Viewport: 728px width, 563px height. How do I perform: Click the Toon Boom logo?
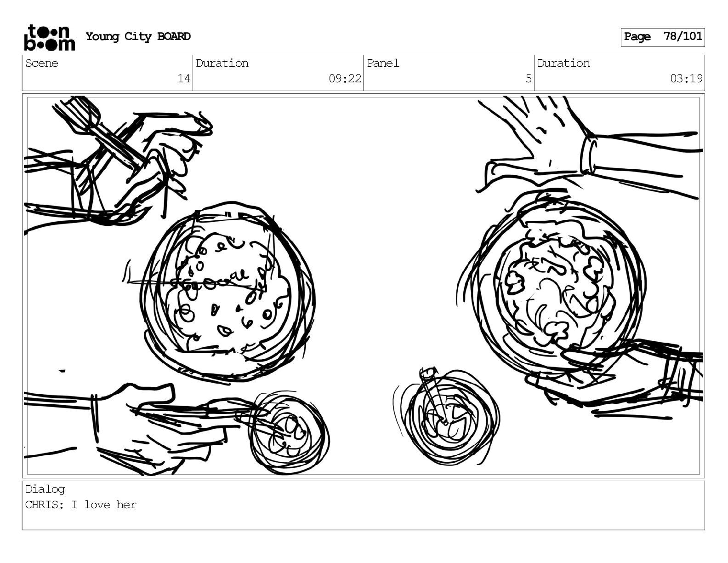tap(50, 38)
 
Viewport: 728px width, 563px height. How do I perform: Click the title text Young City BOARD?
tap(138, 36)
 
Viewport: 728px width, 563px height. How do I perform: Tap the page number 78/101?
tap(683, 36)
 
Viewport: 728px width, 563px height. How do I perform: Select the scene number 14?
tap(183, 79)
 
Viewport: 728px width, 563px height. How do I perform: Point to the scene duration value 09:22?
tap(345, 79)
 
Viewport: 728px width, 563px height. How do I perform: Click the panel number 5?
tap(529, 79)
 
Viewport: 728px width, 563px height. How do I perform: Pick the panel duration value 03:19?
tap(685, 79)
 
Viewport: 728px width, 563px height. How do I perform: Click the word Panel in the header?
tap(383, 63)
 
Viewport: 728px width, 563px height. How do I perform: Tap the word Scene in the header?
tap(42, 63)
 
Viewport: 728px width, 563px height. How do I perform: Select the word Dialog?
tap(45, 489)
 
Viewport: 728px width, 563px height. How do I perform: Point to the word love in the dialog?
tap(97, 505)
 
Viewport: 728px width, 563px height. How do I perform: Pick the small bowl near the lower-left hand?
tap(288, 432)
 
